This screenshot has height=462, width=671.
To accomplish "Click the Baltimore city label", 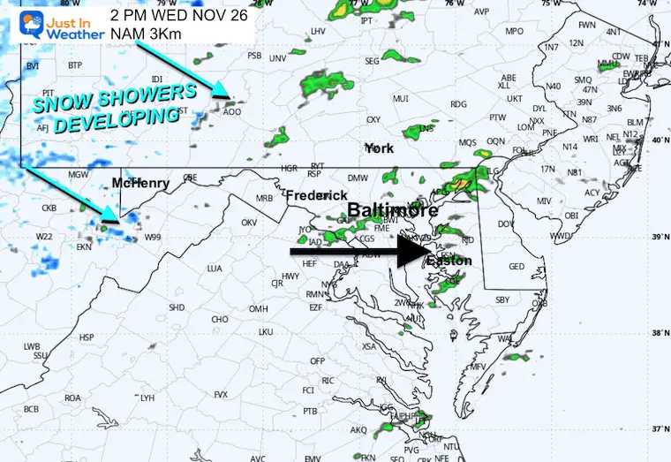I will point(391,210).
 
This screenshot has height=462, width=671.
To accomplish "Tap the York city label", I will point(378,148).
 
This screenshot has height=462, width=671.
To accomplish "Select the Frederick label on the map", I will point(314,193).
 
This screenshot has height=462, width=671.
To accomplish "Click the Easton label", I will point(450,261).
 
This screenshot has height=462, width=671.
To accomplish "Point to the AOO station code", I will point(231,111).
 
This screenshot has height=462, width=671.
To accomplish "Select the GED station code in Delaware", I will point(516,267).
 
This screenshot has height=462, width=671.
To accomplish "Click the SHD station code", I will point(177,307).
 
